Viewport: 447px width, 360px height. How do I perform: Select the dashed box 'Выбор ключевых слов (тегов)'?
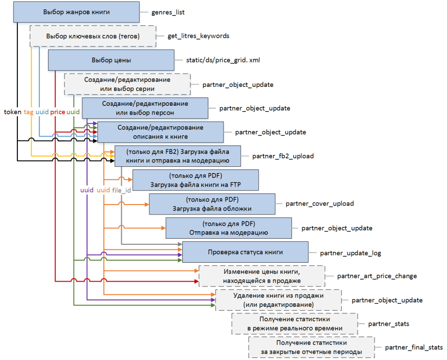click(93, 36)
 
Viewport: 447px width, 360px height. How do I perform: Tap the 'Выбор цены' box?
click(111, 61)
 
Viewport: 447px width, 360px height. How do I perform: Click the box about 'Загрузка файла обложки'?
click(212, 204)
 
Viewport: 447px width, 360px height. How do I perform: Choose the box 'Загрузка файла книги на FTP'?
click(196, 180)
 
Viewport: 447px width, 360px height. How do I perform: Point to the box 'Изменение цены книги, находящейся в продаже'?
click(262, 276)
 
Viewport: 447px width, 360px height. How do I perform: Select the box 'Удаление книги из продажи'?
click(278, 300)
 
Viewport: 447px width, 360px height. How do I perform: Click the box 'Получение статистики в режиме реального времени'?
click(295, 324)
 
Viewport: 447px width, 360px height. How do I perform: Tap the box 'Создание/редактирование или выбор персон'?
click(145, 108)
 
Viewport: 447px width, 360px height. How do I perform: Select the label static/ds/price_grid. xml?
click(223, 61)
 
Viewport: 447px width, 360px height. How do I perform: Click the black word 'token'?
click(12, 112)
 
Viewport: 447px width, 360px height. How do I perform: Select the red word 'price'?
click(58, 112)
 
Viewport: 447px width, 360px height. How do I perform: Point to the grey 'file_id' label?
click(122, 190)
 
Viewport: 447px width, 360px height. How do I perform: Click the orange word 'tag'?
click(28, 112)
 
